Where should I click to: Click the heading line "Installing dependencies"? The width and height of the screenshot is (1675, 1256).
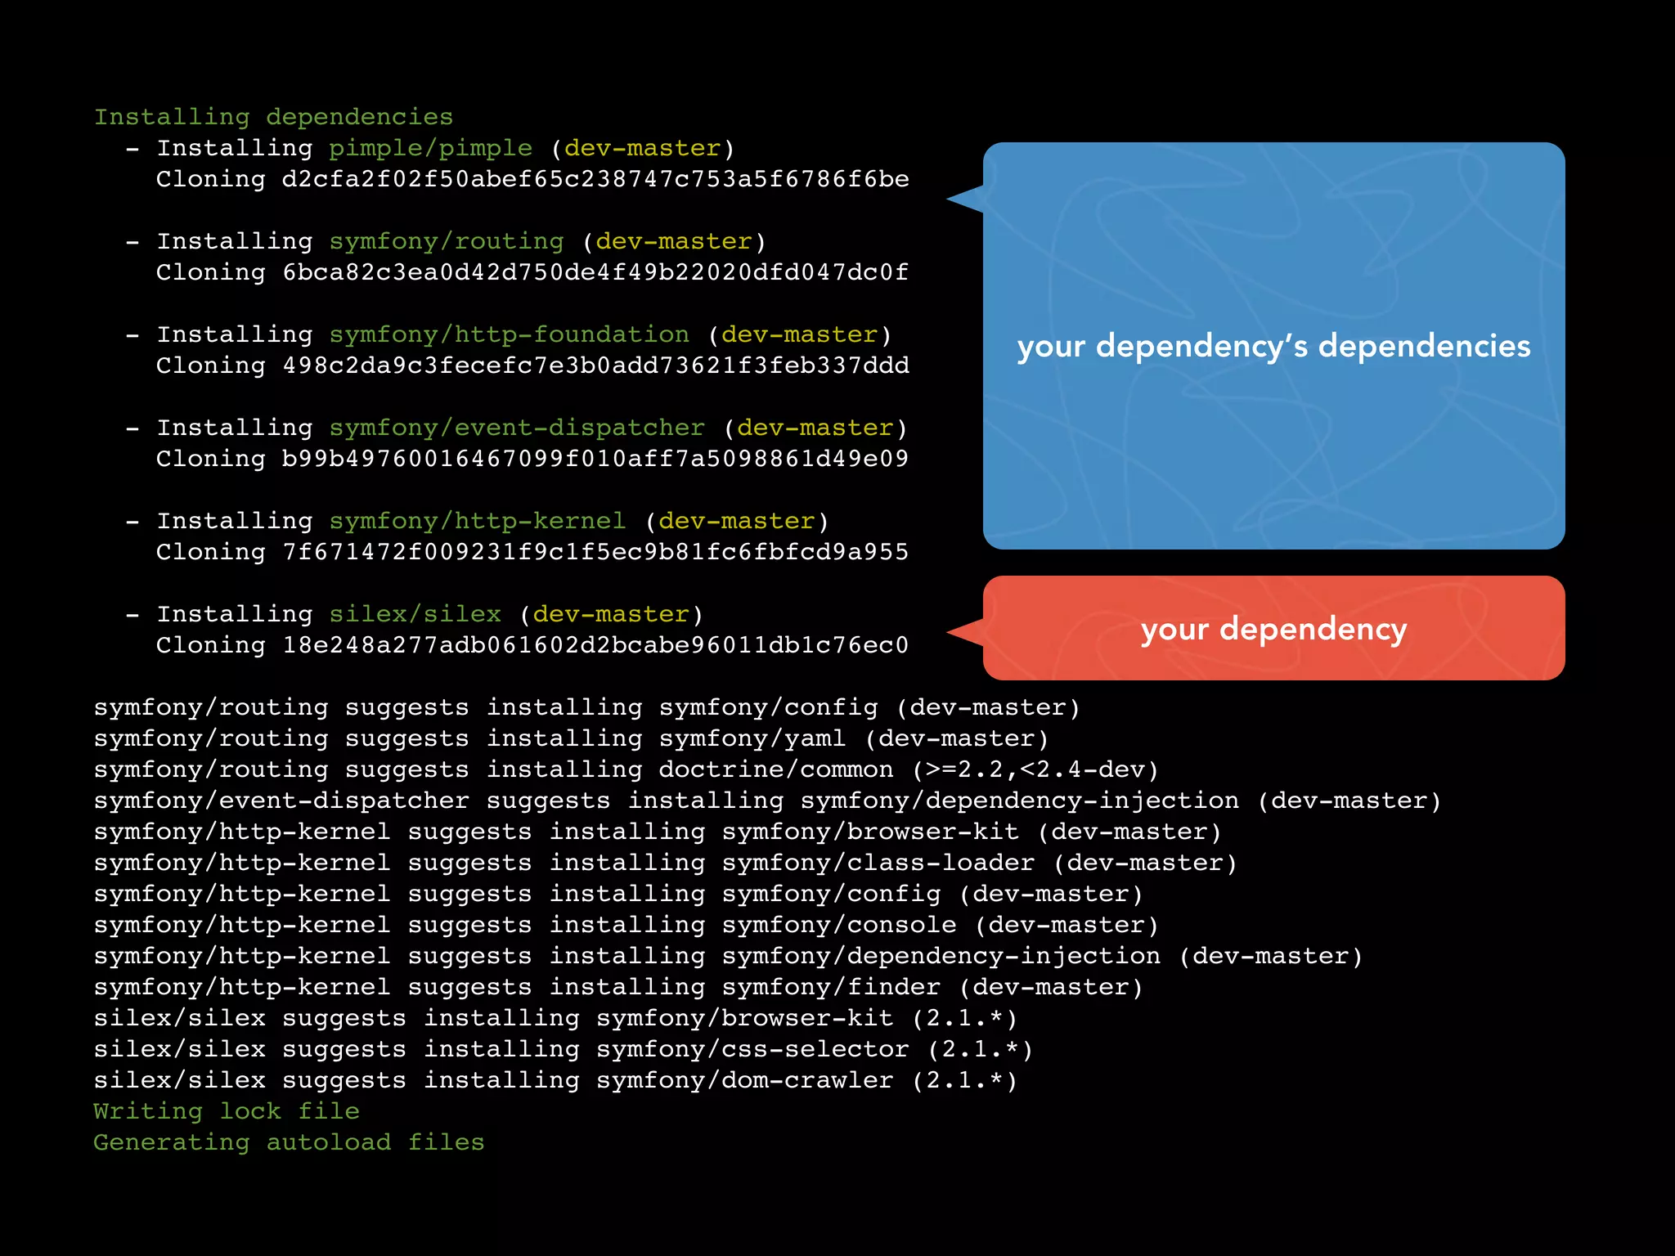click(x=273, y=117)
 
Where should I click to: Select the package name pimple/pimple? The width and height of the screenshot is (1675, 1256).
click(x=430, y=148)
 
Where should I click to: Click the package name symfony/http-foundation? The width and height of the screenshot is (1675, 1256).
click(x=509, y=334)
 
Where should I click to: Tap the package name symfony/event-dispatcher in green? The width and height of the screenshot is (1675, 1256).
click(x=516, y=428)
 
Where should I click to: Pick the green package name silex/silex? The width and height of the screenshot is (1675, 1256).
click(x=415, y=614)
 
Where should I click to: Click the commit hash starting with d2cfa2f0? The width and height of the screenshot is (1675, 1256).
click(x=595, y=179)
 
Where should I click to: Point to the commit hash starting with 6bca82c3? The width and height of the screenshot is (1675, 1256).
click(x=595, y=272)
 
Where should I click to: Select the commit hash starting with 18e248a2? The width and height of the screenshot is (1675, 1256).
click(x=595, y=645)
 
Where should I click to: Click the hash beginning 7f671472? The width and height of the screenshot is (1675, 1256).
click(x=595, y=552)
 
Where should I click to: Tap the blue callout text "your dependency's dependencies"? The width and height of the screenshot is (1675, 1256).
click(x=1273, y=346)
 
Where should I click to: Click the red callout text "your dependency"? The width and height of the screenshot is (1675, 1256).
click(x=1273, y=629)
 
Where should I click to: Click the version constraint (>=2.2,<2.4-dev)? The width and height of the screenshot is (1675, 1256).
click(x=1035, y=769)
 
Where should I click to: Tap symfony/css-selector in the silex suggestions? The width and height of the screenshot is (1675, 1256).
click(x=752, y=1049)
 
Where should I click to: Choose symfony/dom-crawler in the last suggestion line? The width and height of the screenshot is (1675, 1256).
click(x=744, y=1080)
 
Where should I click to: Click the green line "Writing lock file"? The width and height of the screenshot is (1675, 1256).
click(x=226, y=1111)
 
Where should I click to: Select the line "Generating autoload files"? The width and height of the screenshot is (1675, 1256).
click(x=289, y=1142)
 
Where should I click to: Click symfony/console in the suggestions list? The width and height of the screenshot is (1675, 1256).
click(x=838, y=925)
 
